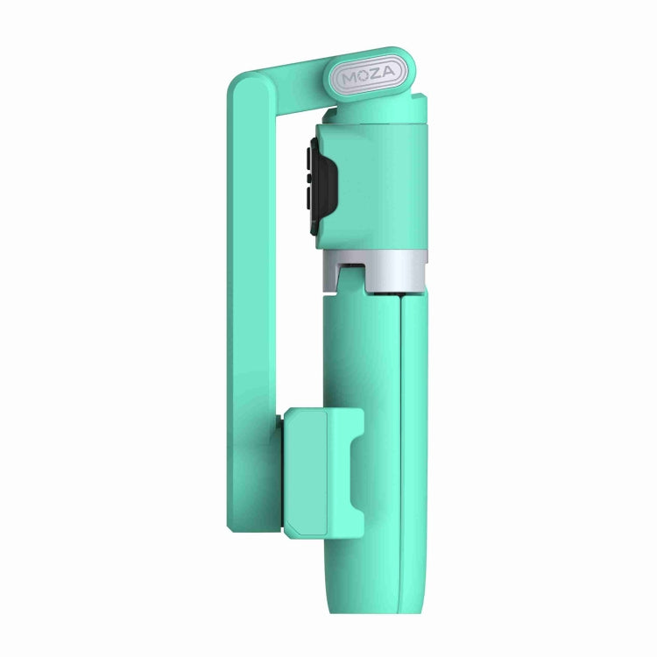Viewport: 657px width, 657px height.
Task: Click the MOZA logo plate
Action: coord(368,76)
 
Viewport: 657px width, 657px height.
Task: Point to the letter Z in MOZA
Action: coord(375,77)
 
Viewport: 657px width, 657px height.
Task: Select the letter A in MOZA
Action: coord(390,76)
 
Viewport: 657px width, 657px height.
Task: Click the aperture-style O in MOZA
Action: coord(360,78)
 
